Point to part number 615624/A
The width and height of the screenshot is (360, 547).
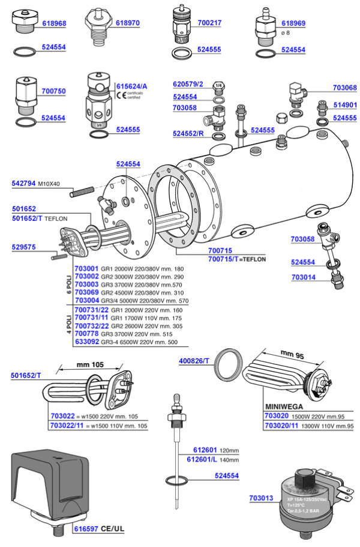131,86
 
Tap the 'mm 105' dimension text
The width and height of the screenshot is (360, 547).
89,364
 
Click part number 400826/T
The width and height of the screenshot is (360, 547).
194,361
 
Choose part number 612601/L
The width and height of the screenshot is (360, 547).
203,459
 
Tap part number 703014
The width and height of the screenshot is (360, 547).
304,277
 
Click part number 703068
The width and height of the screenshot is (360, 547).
344,88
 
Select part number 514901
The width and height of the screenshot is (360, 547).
345,104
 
